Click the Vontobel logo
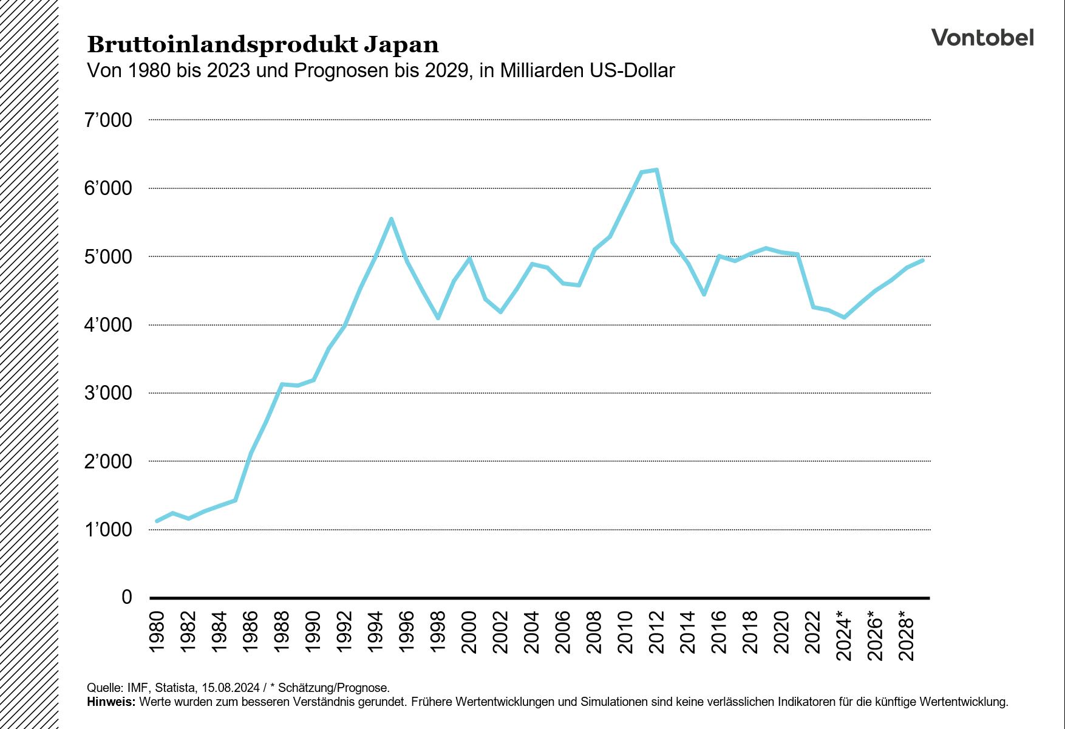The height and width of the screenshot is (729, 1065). pos(982,38)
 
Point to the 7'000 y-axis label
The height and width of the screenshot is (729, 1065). pos(108,120)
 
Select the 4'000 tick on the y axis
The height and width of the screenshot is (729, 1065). pos(108,325)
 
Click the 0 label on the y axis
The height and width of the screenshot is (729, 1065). pos(126,597)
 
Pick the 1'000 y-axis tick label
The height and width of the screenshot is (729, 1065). pos(108,530)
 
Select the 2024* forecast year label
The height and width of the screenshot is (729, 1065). pos(844,635)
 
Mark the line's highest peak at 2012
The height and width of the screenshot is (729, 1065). pos(656,170)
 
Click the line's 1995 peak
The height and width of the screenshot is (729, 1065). pos(391,219)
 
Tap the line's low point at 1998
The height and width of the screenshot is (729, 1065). pos(438,318)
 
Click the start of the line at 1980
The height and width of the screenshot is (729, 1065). pos(157,521)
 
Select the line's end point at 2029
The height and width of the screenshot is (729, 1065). pos(922,260)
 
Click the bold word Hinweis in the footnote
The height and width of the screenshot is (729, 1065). pos(111,702)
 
